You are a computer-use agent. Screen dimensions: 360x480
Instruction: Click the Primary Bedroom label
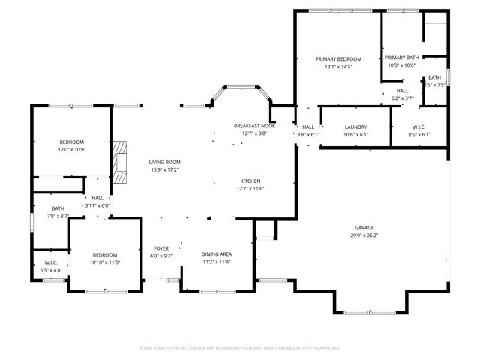(338, 59)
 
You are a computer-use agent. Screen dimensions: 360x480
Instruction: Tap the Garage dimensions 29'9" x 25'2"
(364, 235)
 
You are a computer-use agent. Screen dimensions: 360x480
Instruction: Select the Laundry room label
(355, 127)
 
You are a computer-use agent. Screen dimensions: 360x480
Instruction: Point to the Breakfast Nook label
(250, 126)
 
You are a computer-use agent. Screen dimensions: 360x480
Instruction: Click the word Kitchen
(250, 181)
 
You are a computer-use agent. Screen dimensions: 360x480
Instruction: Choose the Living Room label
(164, 162)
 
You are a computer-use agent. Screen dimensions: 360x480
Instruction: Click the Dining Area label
(217, 254)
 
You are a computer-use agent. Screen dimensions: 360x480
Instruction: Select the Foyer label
(161, 248)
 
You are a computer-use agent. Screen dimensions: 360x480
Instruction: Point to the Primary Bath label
(402, 58)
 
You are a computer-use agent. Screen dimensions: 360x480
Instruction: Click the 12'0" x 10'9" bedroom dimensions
(72, 150)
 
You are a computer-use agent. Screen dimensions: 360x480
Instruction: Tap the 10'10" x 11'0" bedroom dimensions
(105, 262)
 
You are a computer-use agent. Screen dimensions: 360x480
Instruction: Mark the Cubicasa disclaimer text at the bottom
(240, 347)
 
